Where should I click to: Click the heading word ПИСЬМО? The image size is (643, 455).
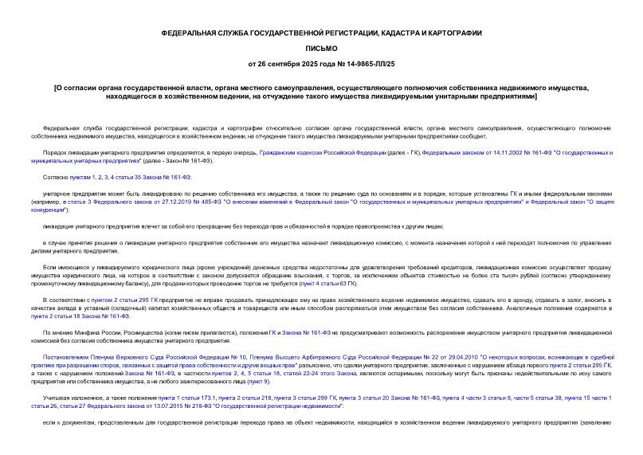coord(321,49)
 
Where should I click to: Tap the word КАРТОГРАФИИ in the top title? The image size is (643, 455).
coord(450,34)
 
